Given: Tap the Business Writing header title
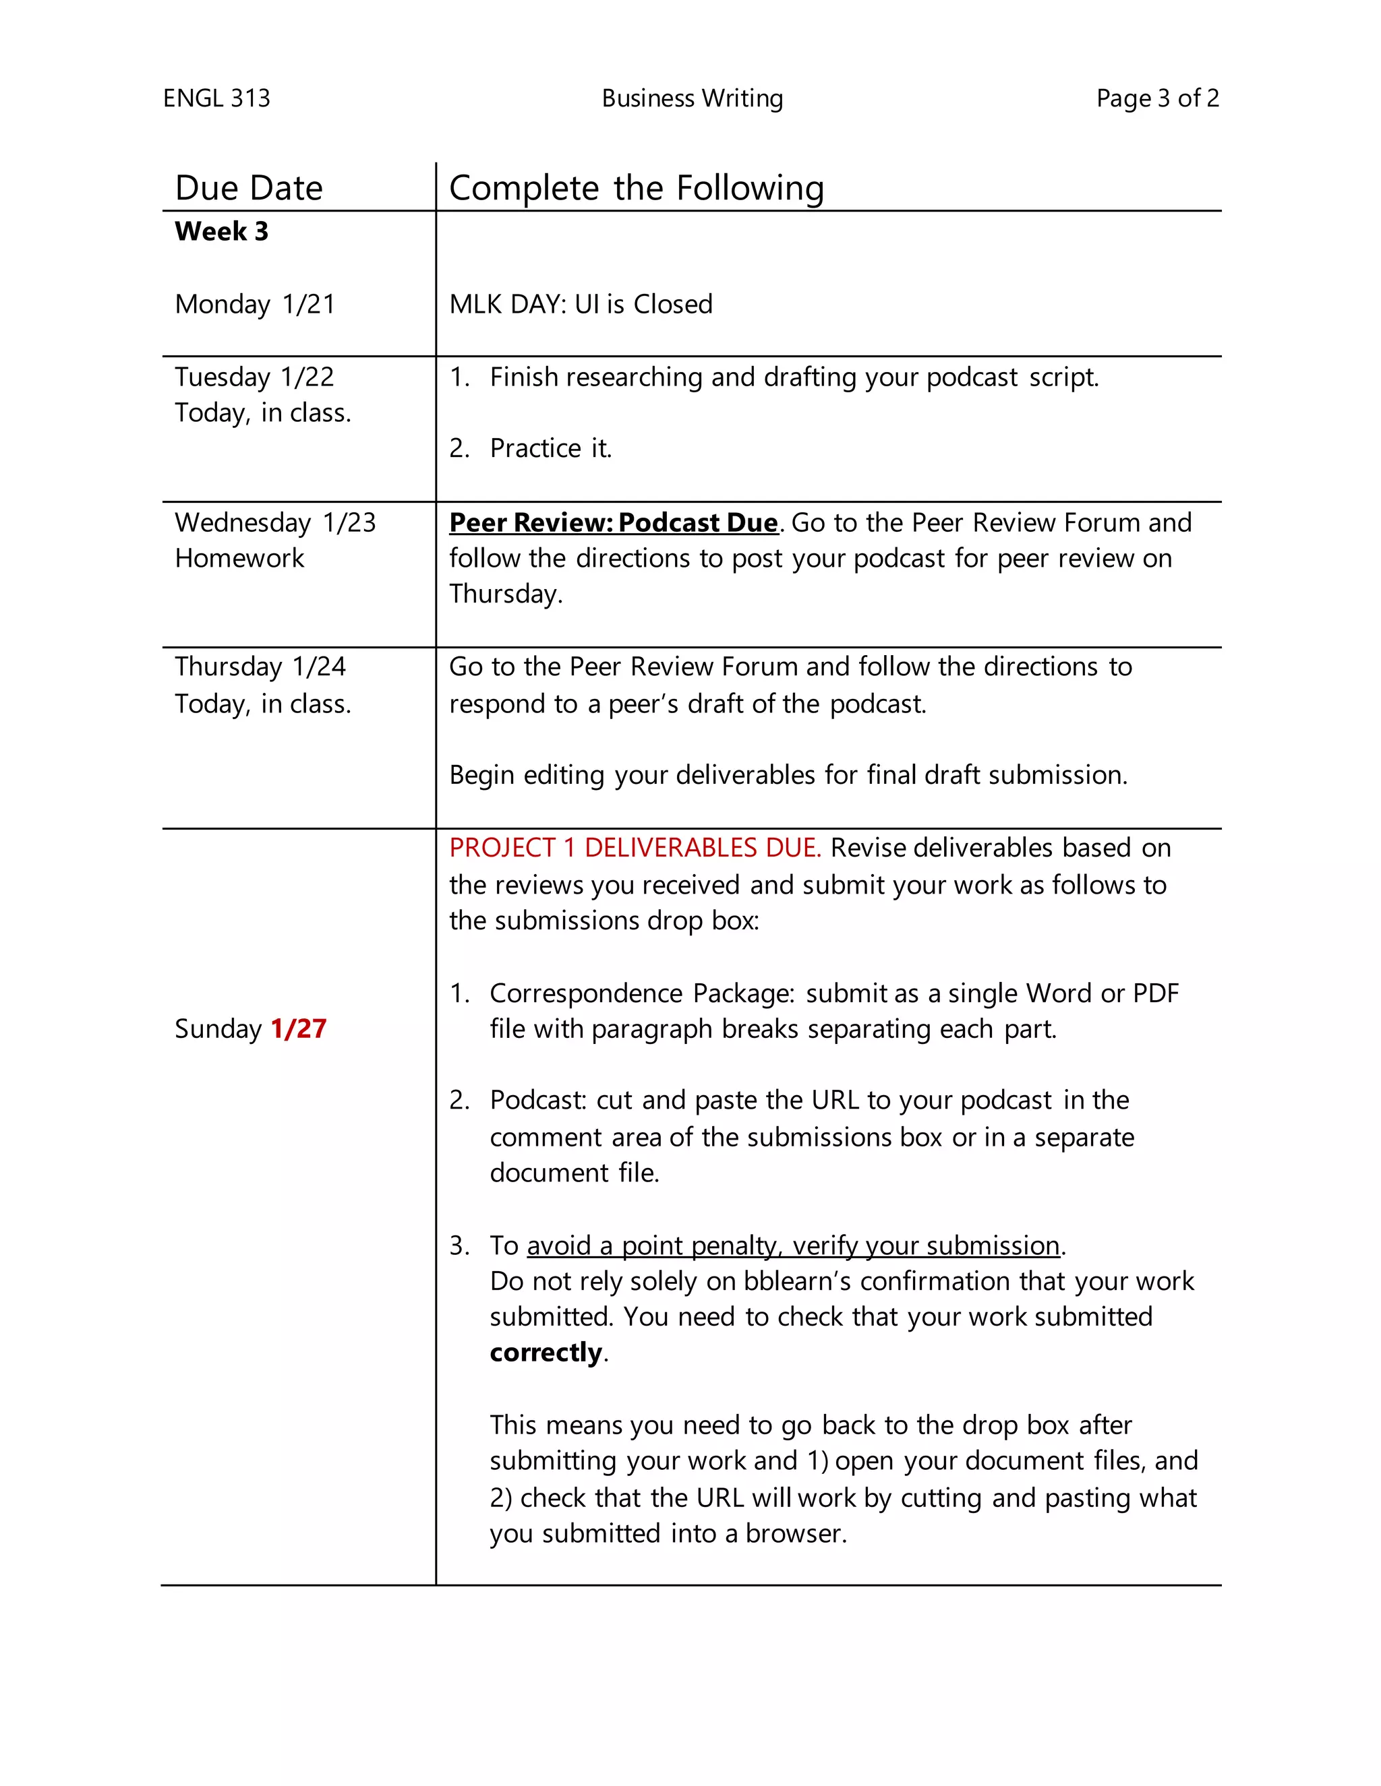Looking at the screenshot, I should [x=692, y=98].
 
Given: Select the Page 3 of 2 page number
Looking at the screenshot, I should [x=1157, y=98].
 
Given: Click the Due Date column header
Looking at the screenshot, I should [x=249, y=188].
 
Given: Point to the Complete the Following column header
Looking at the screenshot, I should [x=636, y=188].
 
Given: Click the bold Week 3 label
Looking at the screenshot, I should [x=221, y=231].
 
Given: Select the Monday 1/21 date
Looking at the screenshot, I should [x=254, y=304].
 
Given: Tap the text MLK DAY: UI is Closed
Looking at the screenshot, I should [x=580, y=304].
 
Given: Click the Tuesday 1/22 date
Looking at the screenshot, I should [x=254, y=377].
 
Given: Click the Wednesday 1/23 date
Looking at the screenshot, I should [x=275, y=522].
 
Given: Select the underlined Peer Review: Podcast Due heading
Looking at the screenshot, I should [x=613, y=522].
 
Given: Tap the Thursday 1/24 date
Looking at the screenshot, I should [x=260, y=667].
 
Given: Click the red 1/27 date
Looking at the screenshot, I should [x=299, y=1028].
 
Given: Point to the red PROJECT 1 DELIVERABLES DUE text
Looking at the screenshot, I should [x=634, y=848].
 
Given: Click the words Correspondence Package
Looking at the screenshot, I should [x=641, y=993].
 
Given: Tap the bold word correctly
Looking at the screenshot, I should [x=546, y=1353].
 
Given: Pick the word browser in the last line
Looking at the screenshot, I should [x=794, y=1533].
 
